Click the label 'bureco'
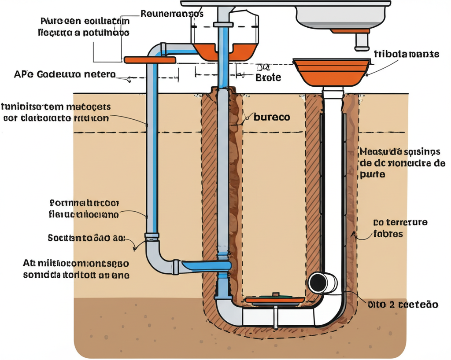coord(272,118)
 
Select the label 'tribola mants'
coord(406,55)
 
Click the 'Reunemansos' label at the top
coord(172,14)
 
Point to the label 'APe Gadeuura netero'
coord(65,74)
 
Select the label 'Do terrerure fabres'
coord(400,228)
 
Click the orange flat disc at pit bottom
coord(275,300)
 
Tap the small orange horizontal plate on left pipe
coord(150,59)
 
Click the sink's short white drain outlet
coord(362,42)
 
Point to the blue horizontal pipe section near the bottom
coord(206,265)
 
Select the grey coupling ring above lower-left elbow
coord(152,236)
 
